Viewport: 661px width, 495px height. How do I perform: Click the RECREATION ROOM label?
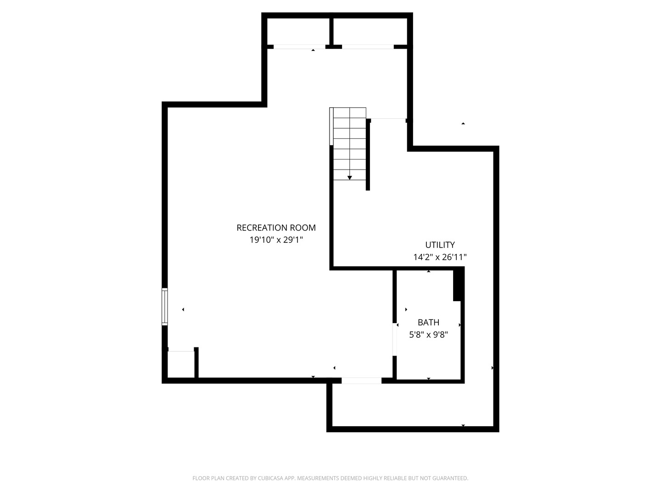(276, 227)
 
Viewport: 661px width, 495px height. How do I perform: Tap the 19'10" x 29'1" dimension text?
(276, 240)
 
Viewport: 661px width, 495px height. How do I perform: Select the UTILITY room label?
(440, 245)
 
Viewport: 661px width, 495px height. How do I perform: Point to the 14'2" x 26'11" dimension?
(440, 257)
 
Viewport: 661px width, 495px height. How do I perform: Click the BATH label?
(428, 322)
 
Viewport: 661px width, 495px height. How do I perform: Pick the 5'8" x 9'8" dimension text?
(428, 335)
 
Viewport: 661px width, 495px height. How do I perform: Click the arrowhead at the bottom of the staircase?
(349, 178)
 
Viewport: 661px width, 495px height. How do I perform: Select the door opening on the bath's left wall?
(394, 339)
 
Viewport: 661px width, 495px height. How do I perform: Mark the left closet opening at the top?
(299, 47)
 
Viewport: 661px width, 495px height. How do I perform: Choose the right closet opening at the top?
(368, 47)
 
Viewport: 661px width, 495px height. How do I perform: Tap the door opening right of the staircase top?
(388, 120)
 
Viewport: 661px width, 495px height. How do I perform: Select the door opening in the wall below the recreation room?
(361, 380)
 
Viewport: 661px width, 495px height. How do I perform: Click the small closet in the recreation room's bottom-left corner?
(181, 364)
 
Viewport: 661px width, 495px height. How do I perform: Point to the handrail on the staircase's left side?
(331, 126)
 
